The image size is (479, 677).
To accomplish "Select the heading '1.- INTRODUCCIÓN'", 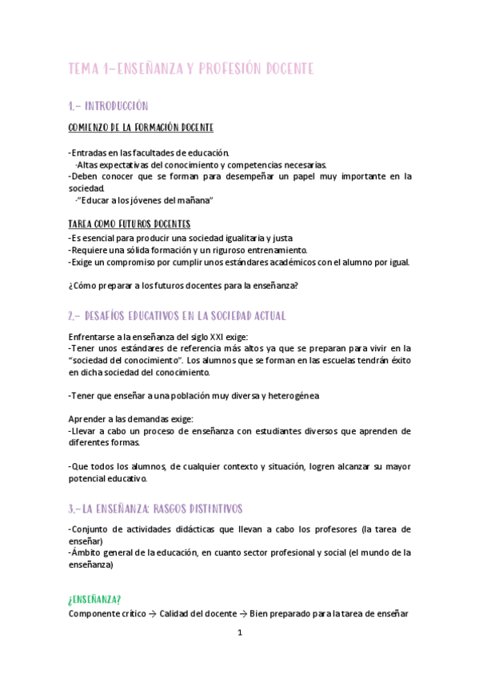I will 109,106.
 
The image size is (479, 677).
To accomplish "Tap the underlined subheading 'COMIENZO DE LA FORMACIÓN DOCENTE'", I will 141,128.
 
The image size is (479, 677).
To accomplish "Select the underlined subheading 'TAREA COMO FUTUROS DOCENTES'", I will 130,225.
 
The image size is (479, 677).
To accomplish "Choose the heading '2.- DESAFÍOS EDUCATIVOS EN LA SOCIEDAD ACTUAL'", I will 178,315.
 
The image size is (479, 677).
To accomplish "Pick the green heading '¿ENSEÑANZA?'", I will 95,599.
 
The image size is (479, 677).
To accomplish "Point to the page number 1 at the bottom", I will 239,633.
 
